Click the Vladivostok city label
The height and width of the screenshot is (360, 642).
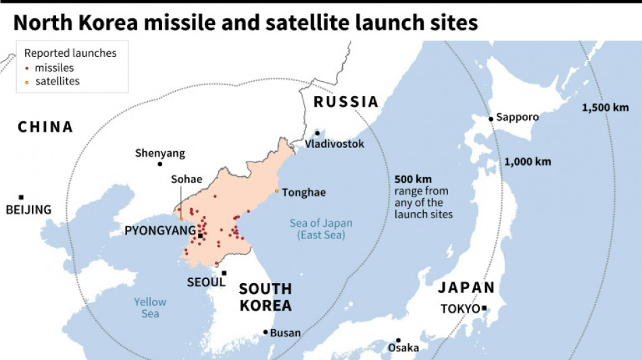(335, 144)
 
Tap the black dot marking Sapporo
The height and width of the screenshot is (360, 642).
(491, 118)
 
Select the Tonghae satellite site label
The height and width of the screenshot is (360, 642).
(303, 192)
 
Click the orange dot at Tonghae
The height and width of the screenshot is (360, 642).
(276, 192)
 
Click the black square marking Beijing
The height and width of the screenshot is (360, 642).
(21, 197)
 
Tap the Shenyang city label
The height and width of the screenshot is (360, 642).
(159, 153)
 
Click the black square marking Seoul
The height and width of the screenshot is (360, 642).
(224, 274)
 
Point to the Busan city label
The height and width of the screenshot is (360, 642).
(285, 332)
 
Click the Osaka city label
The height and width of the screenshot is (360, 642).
(403, 348)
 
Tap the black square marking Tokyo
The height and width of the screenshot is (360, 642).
(484, 309)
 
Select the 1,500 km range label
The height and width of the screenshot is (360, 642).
(605, 107)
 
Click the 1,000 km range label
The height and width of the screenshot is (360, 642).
(527, 161)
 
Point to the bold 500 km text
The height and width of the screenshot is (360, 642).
(413, 179)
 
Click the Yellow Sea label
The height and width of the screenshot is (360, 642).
(150, 308)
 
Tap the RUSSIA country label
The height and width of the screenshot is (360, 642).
(345, 102)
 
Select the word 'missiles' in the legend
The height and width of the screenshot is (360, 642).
(54, 68)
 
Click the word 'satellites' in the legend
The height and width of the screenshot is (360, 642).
(57, 81)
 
